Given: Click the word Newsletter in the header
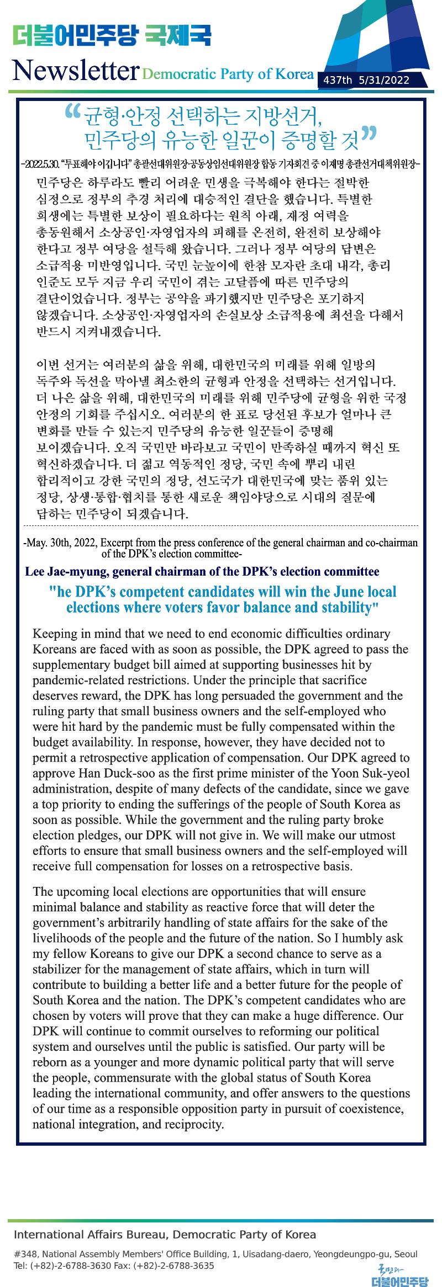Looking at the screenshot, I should coord(76,71).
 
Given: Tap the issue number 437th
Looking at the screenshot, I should coord(338,80).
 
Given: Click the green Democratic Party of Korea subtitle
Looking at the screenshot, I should coord(228,74).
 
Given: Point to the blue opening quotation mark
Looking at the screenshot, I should coord(72,111).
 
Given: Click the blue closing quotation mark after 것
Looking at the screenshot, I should coord(369,134).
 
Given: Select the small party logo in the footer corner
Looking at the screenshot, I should coord(399,1275).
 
